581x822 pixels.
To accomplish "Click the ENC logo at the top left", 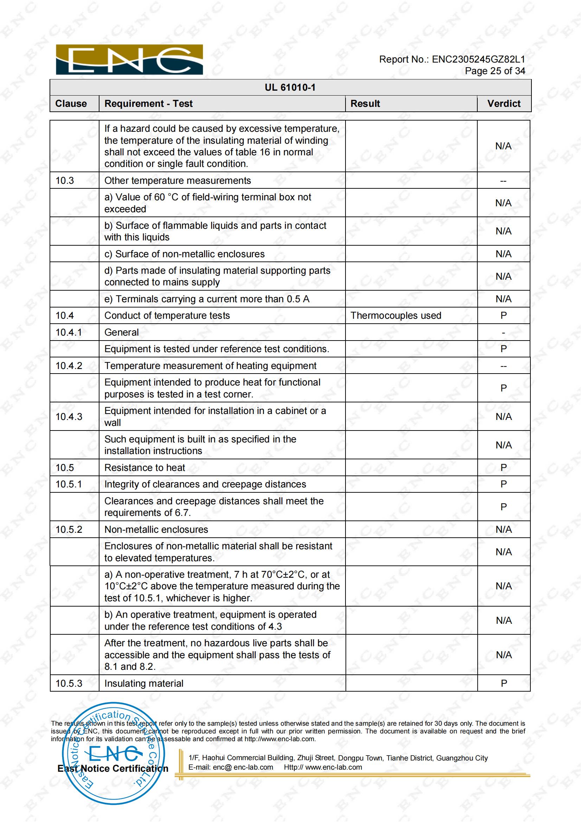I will (129, 59).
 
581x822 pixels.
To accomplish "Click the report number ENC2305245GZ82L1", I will (478, 59).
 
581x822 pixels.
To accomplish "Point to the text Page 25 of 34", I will (495, 71).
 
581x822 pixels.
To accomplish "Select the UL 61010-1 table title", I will (290, 88).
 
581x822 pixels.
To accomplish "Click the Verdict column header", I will (504, 104).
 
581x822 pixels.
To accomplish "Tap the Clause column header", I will (71, 104).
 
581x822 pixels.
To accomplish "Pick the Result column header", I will (365, 104).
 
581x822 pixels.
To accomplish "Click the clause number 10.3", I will (65, 180).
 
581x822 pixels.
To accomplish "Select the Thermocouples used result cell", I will (395, 315).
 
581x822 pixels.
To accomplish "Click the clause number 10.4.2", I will (69, 365).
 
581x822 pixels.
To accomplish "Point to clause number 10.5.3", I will (69, 683).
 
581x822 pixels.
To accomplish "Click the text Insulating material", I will (144, 683).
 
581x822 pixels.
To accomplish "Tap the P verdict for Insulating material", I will (504, 683).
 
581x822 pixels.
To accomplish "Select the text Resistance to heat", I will (144, 467).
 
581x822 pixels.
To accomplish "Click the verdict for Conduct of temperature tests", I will (504, 315).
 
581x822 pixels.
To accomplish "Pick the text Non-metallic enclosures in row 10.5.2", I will (156, 529).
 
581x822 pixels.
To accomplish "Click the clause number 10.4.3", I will (69, 416).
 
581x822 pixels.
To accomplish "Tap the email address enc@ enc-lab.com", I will (243, 767).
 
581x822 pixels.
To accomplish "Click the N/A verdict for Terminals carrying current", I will (504, 299).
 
